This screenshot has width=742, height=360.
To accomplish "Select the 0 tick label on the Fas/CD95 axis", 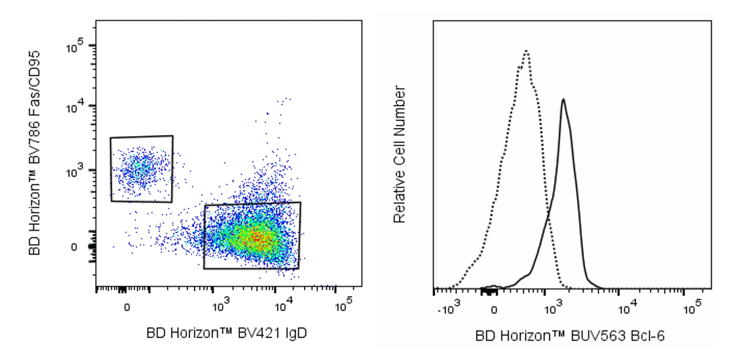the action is pyautogui.click(x=74, y=247).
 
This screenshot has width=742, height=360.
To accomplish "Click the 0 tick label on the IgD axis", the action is pyautogui.click(x=127, y=307).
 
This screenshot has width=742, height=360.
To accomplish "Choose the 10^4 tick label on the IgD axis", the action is pyautogui.click(x=284, y=305).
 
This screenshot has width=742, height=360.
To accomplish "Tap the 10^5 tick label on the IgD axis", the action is pyautogui.click(x=344, y=305).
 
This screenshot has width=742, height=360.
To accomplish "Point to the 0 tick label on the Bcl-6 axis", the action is pyautogui.click(x=494, y=310).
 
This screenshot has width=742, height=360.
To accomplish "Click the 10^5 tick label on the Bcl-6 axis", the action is pyautogui.click(x=693, y=307).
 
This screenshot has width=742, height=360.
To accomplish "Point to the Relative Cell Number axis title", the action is pyautogui.click(x=399, y=154).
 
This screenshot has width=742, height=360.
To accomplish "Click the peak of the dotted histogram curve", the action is pyautogui.click(x=526, y=51).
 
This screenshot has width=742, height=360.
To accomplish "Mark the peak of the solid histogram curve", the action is pyautogui.click(x=563, y=99).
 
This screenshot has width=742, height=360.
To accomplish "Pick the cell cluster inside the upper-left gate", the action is pyautogui.click(x=142, y=168).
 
